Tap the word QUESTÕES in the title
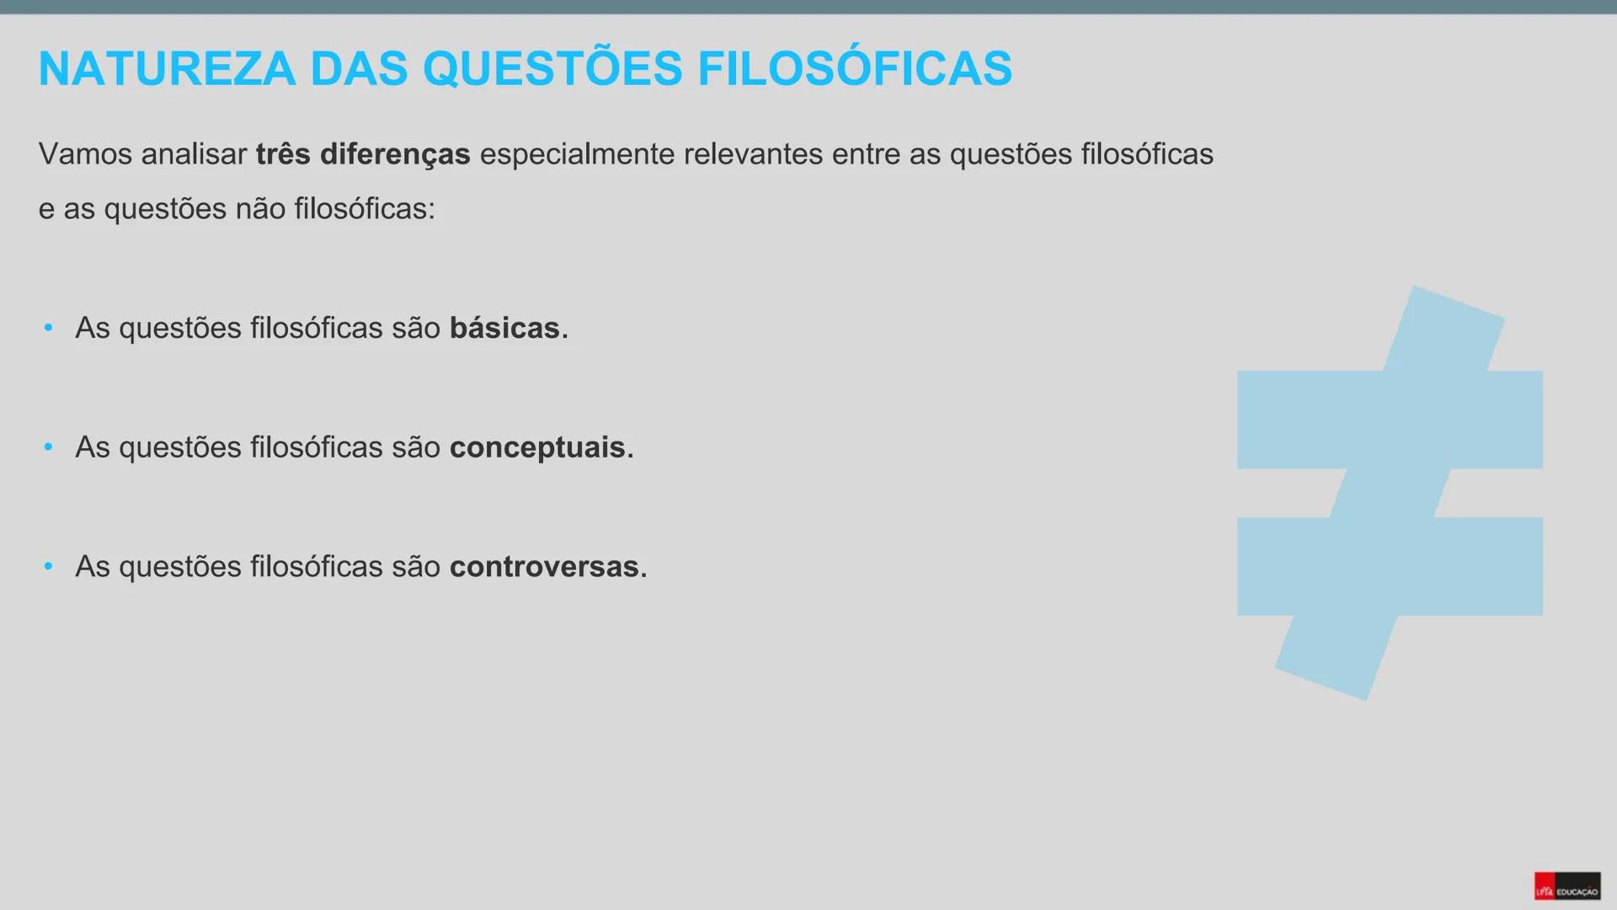click(x=552, y=69)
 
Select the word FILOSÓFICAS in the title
click(x=854, y=69)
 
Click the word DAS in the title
click(x=359, y=69)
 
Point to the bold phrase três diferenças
click(x=363, y=155)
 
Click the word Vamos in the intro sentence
click(x=85, y=155)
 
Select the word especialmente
click(x=577, y=155)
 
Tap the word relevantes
click(x=753, y=155)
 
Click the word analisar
click(x=194, y=155)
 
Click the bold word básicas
click(x=504, y=329)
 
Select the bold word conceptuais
click(x=537, y=447)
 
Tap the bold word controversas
click(x=544, y=567)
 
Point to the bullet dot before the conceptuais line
click(x=49, y=447)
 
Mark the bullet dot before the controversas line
click(x=49, y=566)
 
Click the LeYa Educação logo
click(x=1566, y=886)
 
